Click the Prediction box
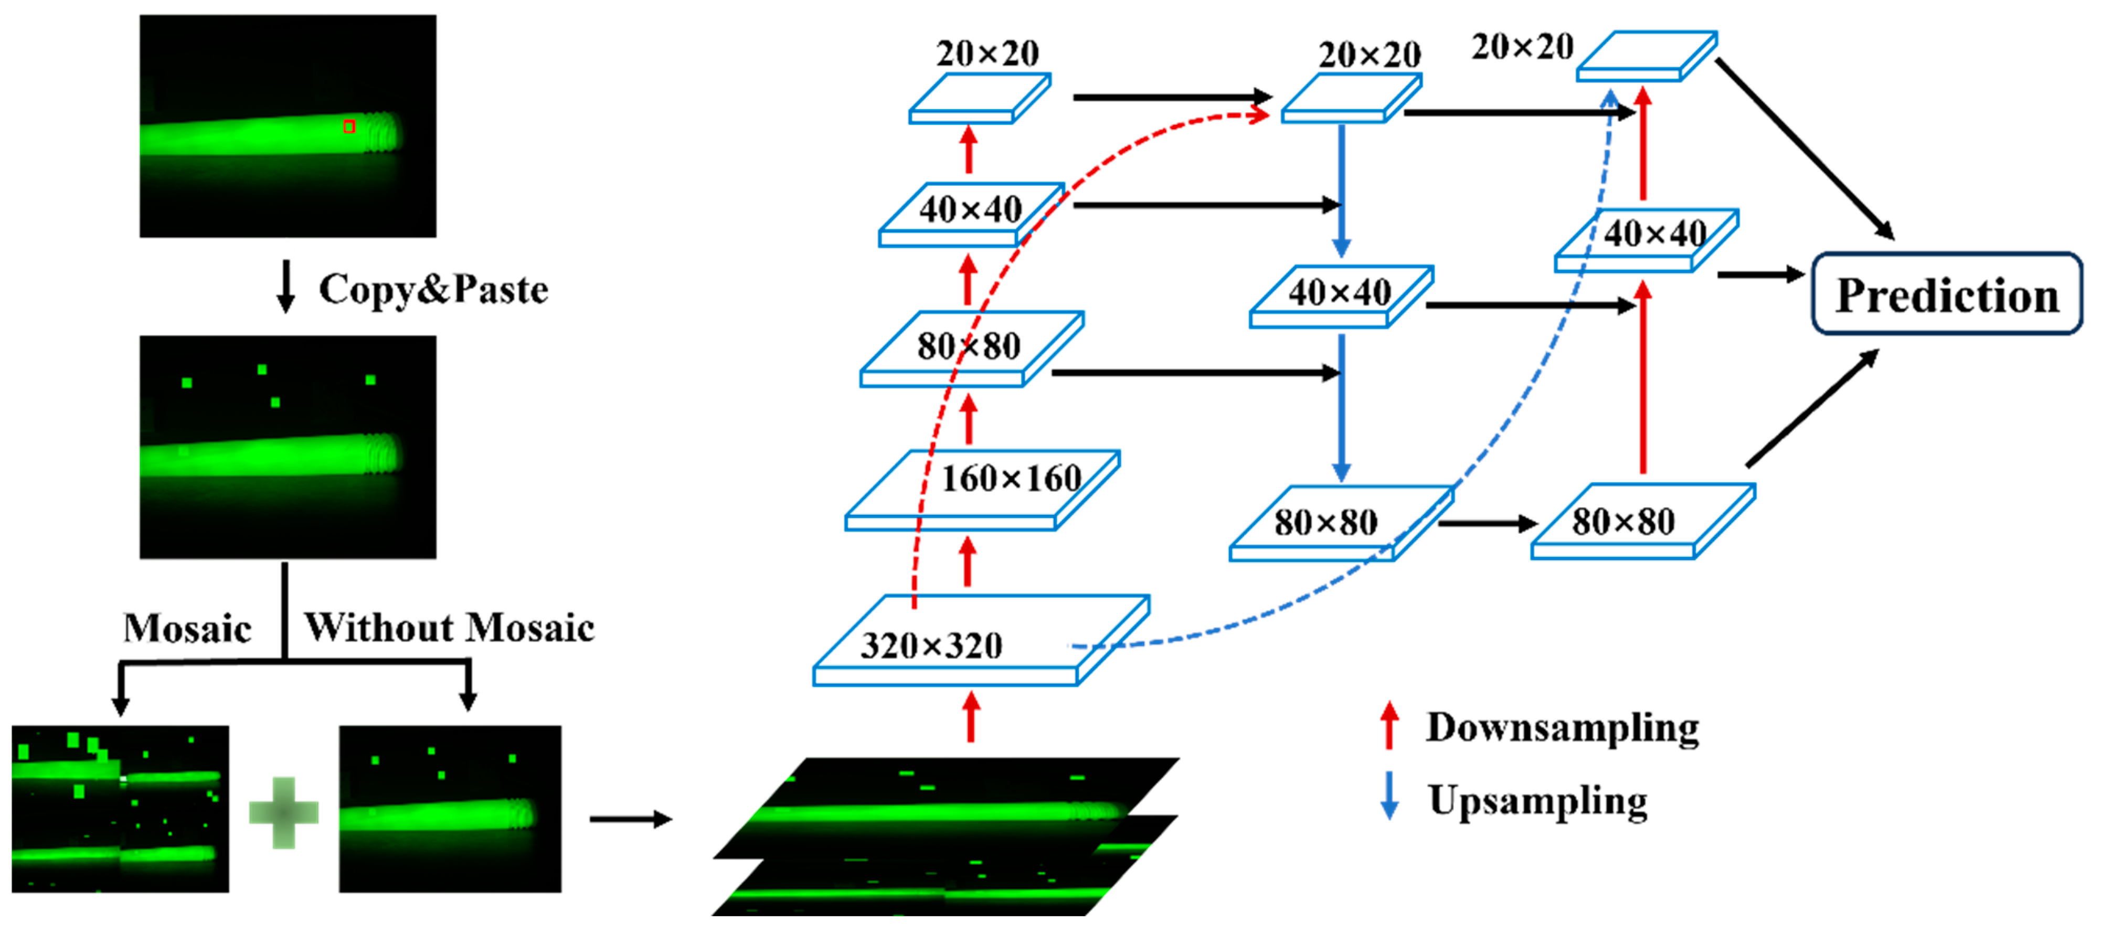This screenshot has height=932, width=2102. (x=1946, y=294)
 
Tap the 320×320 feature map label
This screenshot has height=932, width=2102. (x=931, y=645)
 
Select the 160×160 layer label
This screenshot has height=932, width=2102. (x=1011, y=478)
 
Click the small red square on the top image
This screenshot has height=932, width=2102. (x=349, y=126)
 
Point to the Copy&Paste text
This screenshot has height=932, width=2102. (x=433, y=290)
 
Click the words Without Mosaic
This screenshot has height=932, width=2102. (x=449, y=628)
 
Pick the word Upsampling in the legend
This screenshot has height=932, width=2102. (x=1537, y=801)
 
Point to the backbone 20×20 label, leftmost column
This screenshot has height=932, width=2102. (x=988, y=54)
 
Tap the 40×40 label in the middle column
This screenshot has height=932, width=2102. (x=1339, y=292)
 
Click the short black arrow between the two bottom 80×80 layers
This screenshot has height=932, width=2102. (x=1487, y=523)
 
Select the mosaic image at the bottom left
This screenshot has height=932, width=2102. (x=120, y=808)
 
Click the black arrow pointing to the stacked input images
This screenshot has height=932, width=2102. (x=630, y=819)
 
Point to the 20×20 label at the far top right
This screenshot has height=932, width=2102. (x=1522, y=47)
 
